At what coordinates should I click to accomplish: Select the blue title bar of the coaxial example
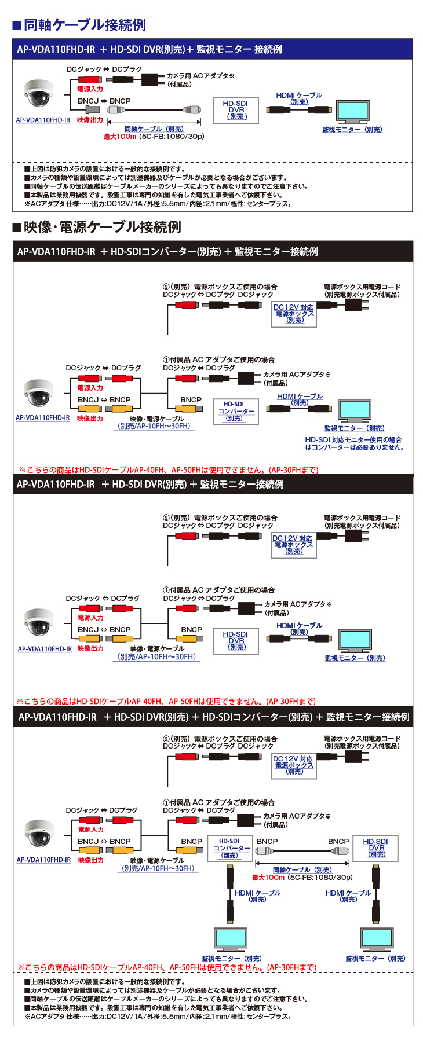212,49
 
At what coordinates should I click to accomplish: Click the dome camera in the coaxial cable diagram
38,94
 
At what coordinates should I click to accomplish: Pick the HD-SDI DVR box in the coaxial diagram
236,110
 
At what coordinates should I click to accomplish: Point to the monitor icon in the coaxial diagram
353,111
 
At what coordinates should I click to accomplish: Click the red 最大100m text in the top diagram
120,137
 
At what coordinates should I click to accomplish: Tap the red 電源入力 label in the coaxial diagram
90,89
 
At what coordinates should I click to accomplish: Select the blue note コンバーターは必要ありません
354,447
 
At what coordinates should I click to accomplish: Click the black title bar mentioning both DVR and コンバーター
212,717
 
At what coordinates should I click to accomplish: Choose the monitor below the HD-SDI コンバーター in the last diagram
230,940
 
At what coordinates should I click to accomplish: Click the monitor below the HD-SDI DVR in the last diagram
375,940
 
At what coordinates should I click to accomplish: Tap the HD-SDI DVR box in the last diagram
375,847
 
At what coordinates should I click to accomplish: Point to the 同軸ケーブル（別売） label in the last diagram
302,870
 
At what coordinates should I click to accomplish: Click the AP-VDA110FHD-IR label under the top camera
43,120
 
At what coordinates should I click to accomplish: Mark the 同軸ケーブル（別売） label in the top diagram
154,129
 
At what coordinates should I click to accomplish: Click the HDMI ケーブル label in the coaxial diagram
298,96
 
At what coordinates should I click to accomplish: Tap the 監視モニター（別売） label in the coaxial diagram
352,130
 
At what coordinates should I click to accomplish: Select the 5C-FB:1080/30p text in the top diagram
172,137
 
